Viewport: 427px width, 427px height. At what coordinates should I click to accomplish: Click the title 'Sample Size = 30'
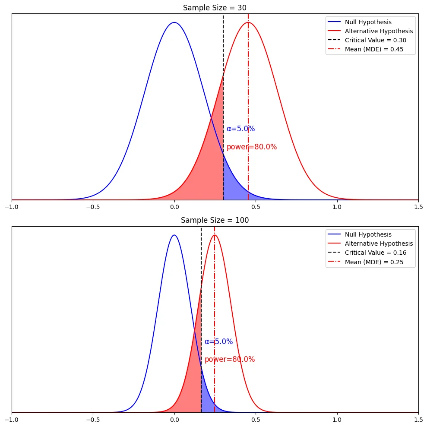point(215,8)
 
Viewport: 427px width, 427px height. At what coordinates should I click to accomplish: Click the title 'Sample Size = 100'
point(215,220)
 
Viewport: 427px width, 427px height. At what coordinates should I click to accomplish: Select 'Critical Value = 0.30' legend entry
point(367,40)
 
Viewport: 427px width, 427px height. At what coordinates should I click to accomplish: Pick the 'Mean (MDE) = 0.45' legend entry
point(366,49)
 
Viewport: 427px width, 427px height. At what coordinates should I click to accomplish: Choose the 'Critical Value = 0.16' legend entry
point(367,253)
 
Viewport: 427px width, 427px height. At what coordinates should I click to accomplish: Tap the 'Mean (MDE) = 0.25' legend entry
point(366,262)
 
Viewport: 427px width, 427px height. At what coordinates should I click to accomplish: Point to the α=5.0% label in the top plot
point(241,129)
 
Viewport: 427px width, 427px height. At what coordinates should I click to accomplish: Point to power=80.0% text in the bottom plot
point(230,359)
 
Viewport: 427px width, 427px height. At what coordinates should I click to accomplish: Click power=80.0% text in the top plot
point(252,147)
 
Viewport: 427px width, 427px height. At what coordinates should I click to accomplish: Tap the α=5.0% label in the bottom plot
point(218,342)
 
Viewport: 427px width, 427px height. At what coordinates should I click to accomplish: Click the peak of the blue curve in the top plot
point(174,22)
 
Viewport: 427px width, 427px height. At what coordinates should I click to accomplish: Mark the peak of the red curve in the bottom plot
point(215,235)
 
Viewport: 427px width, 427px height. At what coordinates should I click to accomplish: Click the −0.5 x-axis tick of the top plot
point(93,207)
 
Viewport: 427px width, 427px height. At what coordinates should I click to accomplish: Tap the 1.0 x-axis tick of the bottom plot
point(337,419)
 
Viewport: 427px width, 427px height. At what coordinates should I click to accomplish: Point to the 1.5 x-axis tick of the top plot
point(418,207)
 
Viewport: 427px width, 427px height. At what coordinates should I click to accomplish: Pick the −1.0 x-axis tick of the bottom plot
point(12,419)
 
